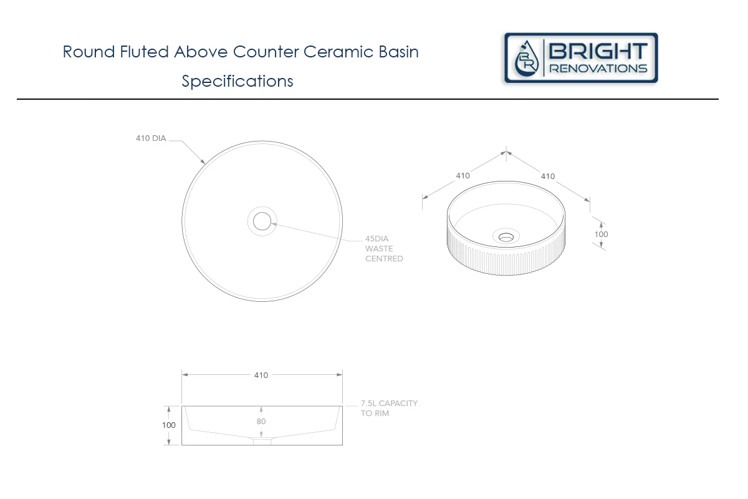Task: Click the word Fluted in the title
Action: click(144, 52)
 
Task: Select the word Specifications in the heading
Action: click(237, 81)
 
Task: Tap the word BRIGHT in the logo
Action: click(598, 51)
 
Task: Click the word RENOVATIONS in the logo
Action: click(598, 69)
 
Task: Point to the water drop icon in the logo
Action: click(527, 59)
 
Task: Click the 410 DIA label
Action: click(151, 138)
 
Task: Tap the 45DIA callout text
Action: click(376, 239)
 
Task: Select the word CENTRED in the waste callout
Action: click(384, 259)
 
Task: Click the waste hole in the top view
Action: click(262, 221)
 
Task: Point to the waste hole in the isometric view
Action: click(506, 237)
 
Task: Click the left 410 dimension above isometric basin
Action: click(463, 176)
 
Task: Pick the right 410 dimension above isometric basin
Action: click(548, 177)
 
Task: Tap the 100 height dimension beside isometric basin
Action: click(601, 235)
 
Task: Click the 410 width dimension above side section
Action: click(261, 375)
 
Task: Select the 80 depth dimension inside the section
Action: click(261, 422)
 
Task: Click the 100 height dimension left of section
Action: click(169, 425)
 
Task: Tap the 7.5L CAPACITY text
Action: click(389, 404)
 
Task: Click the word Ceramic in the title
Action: click(338, 52)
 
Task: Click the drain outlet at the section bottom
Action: click(262, 442)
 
